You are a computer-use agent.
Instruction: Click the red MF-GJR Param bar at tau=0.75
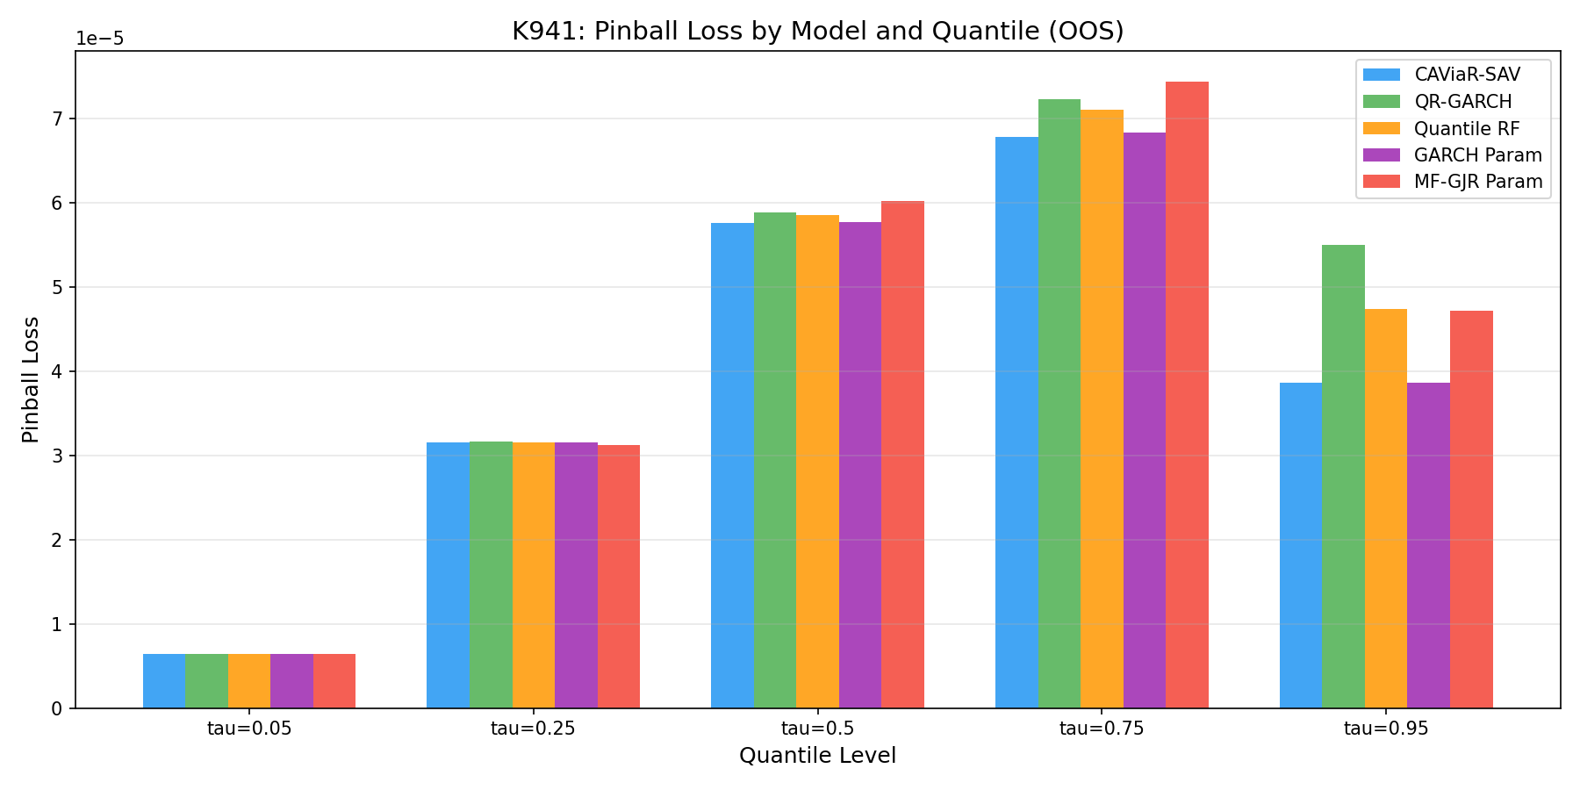click(x=1187, y=395)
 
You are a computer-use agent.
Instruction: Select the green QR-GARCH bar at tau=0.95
click(x=1343, y=477)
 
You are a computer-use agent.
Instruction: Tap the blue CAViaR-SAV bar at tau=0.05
click(x=164, y=681)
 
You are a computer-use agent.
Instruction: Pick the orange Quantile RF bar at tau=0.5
click(x=817, y=462)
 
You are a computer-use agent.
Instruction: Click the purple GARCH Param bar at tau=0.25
click(x=576, y=575)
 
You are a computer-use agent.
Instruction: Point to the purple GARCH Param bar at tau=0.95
click(x=1428, y=545)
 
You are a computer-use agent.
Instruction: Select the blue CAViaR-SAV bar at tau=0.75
click(x=1016, y=422)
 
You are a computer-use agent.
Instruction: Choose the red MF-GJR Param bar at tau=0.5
click(x=902, y=455)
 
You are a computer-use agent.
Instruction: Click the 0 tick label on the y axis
click(x=59, y=708)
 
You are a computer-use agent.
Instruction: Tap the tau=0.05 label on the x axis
click(x=249, y=729)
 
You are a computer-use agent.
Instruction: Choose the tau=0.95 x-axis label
click(x=1386, y=729)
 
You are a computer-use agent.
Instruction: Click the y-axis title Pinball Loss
click(x=31, y=379)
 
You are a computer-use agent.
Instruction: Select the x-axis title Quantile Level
click(x=817, y=756)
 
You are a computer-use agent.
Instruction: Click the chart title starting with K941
click(x=817, y=31)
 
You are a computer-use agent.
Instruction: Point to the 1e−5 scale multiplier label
click(x=100, y=39)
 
